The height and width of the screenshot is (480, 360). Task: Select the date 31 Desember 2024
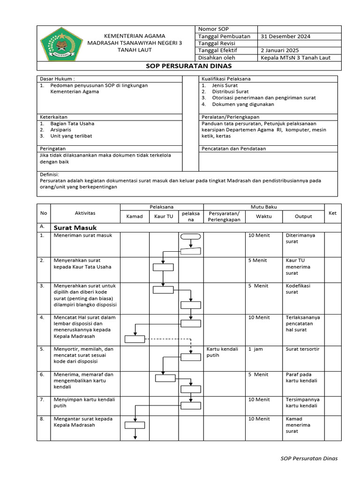pos(285,37)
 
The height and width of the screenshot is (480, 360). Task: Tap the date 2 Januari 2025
pos(280,51)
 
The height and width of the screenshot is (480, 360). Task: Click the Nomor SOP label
pos(214,30)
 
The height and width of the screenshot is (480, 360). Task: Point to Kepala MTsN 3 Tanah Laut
pos(295,58)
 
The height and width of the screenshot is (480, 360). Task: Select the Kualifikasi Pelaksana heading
pos(226,79)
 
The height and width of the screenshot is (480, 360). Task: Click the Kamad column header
pos(135,217)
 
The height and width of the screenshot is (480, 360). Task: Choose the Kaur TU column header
pos(164,217)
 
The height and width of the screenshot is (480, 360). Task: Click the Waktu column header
pos(263,217)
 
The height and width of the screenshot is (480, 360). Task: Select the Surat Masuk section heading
pos(75,228)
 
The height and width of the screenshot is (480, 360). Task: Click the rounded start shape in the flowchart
pos(190,236)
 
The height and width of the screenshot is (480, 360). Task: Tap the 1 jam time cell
pos(255,349)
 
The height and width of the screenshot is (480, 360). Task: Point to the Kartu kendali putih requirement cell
pos(223,352)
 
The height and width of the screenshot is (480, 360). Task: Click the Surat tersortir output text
pos(302,349)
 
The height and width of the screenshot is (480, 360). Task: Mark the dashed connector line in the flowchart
pos(169,338)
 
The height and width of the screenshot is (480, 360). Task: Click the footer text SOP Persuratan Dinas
pos(308,458)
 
